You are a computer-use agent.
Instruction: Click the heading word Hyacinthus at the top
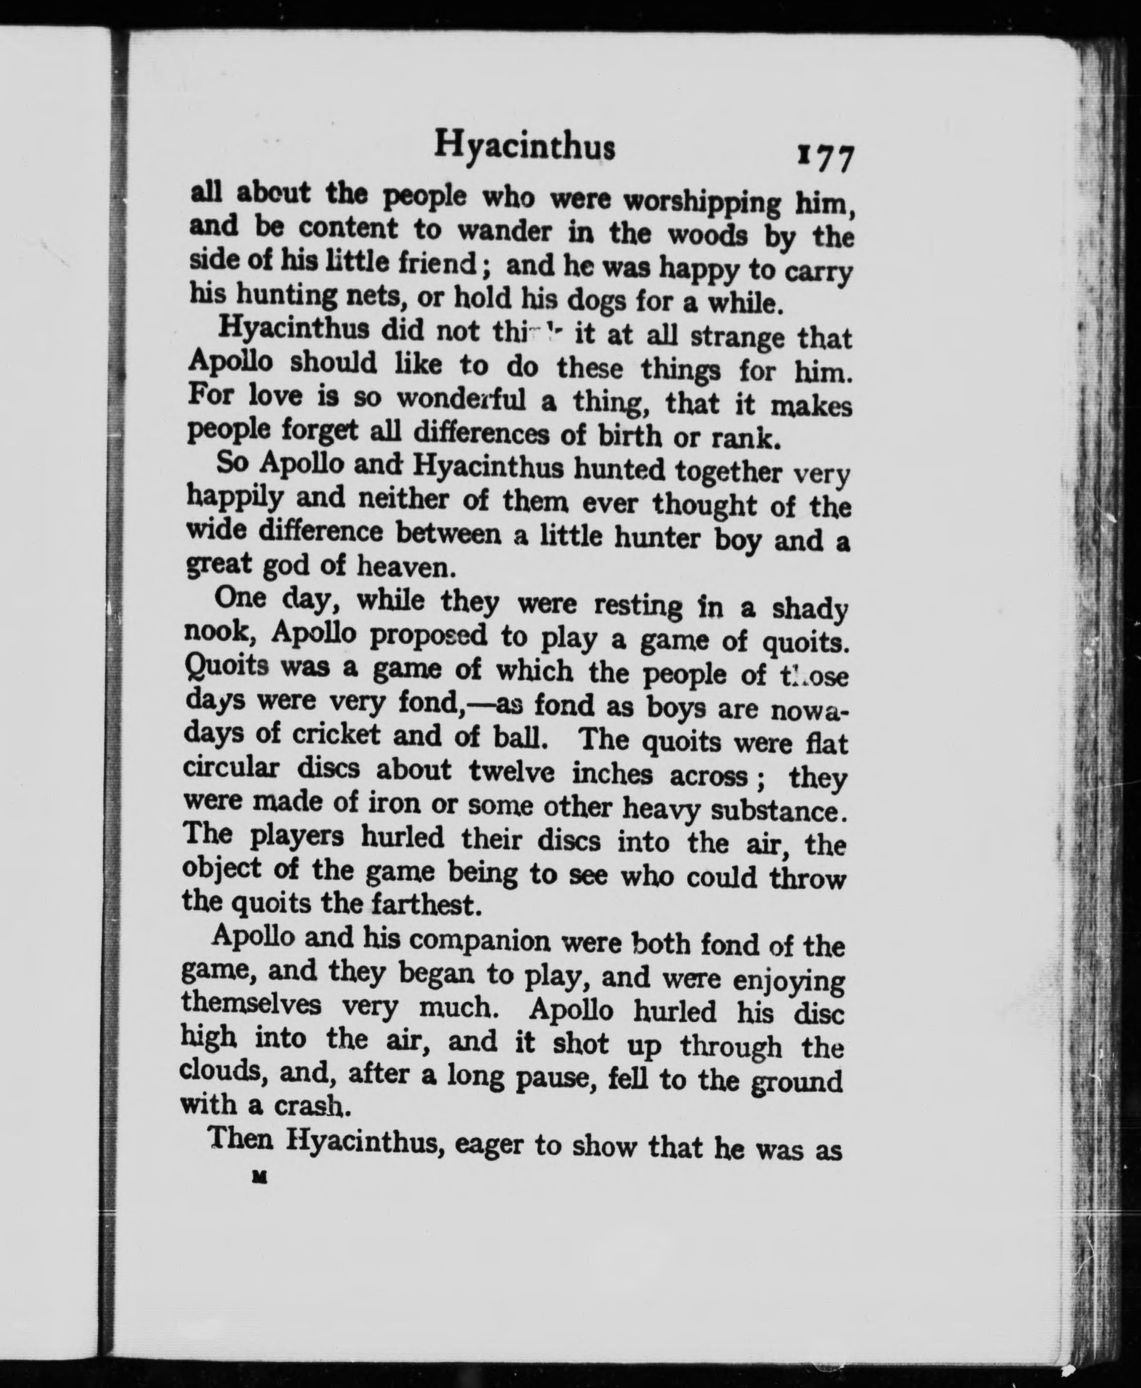[x=525, y=147]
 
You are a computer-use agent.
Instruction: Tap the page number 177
[x=825, y=158]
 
